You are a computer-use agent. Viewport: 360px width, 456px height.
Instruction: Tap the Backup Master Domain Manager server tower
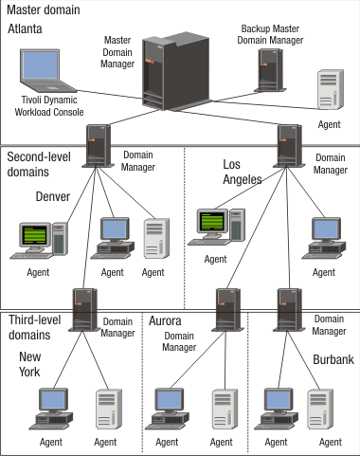(x=270, y=76)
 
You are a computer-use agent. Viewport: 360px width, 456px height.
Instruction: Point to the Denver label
(x=53, y=196)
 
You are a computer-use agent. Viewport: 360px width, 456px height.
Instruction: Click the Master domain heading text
(x=43, y=9)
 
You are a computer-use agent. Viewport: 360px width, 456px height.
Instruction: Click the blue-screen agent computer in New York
(x=53, y=408)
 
